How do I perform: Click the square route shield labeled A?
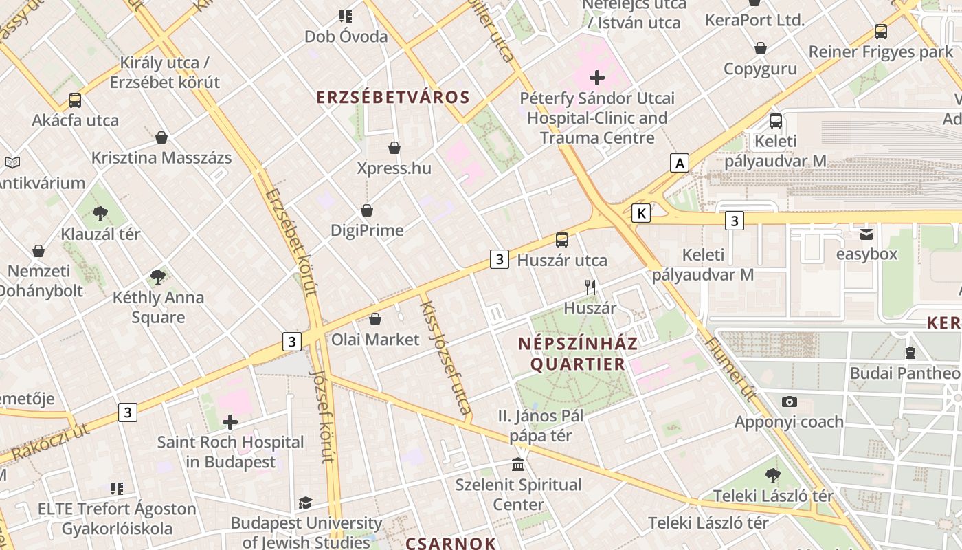click(680, 164)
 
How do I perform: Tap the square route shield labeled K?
click(641, 213)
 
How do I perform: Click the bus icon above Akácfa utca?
click(75, 100)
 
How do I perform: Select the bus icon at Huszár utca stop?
click(562, 240)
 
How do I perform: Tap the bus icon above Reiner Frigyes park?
click(880, 31)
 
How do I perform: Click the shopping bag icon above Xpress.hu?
click(394, 148)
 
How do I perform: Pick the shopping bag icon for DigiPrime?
click(367, 210)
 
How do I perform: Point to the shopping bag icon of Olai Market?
click(375, 319)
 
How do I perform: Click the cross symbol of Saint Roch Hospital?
click(230, 421)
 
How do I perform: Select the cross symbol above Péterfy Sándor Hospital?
click(596, 78)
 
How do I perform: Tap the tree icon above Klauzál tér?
click(100, 213)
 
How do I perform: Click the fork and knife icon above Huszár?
click(590, 287)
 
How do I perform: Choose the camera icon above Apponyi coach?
click(789, 401)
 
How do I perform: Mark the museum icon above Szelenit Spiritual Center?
click(519, 464)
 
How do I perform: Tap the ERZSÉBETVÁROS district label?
click(393, 98)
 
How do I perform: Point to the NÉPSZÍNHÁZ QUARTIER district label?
click(578, 353)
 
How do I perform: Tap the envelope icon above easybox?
click(866, 234)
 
